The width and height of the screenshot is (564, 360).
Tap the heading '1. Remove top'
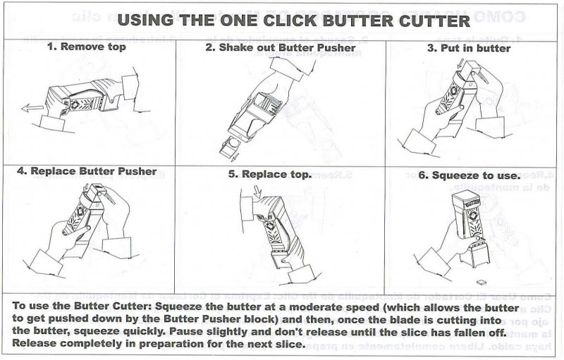tap(87, 46)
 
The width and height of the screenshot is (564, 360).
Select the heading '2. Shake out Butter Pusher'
tap(281, 47)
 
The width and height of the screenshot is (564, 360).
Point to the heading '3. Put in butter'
tap(469, 48)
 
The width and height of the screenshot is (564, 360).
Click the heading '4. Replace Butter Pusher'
tap(87, 171)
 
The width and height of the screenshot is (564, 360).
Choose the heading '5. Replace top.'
tap(270, 174)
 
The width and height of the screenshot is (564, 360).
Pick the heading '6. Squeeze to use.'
tap(470, 175)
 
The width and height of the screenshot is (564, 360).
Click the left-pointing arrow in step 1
tap(32, 108)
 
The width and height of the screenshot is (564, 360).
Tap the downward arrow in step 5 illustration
tap(258, 192)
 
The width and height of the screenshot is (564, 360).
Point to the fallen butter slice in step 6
tap(482, 283)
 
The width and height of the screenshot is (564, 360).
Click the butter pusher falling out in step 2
tap(231, 147)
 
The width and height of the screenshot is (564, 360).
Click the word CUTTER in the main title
tap(434, 20)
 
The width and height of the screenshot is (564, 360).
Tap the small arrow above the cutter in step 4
tap(85, 187)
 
